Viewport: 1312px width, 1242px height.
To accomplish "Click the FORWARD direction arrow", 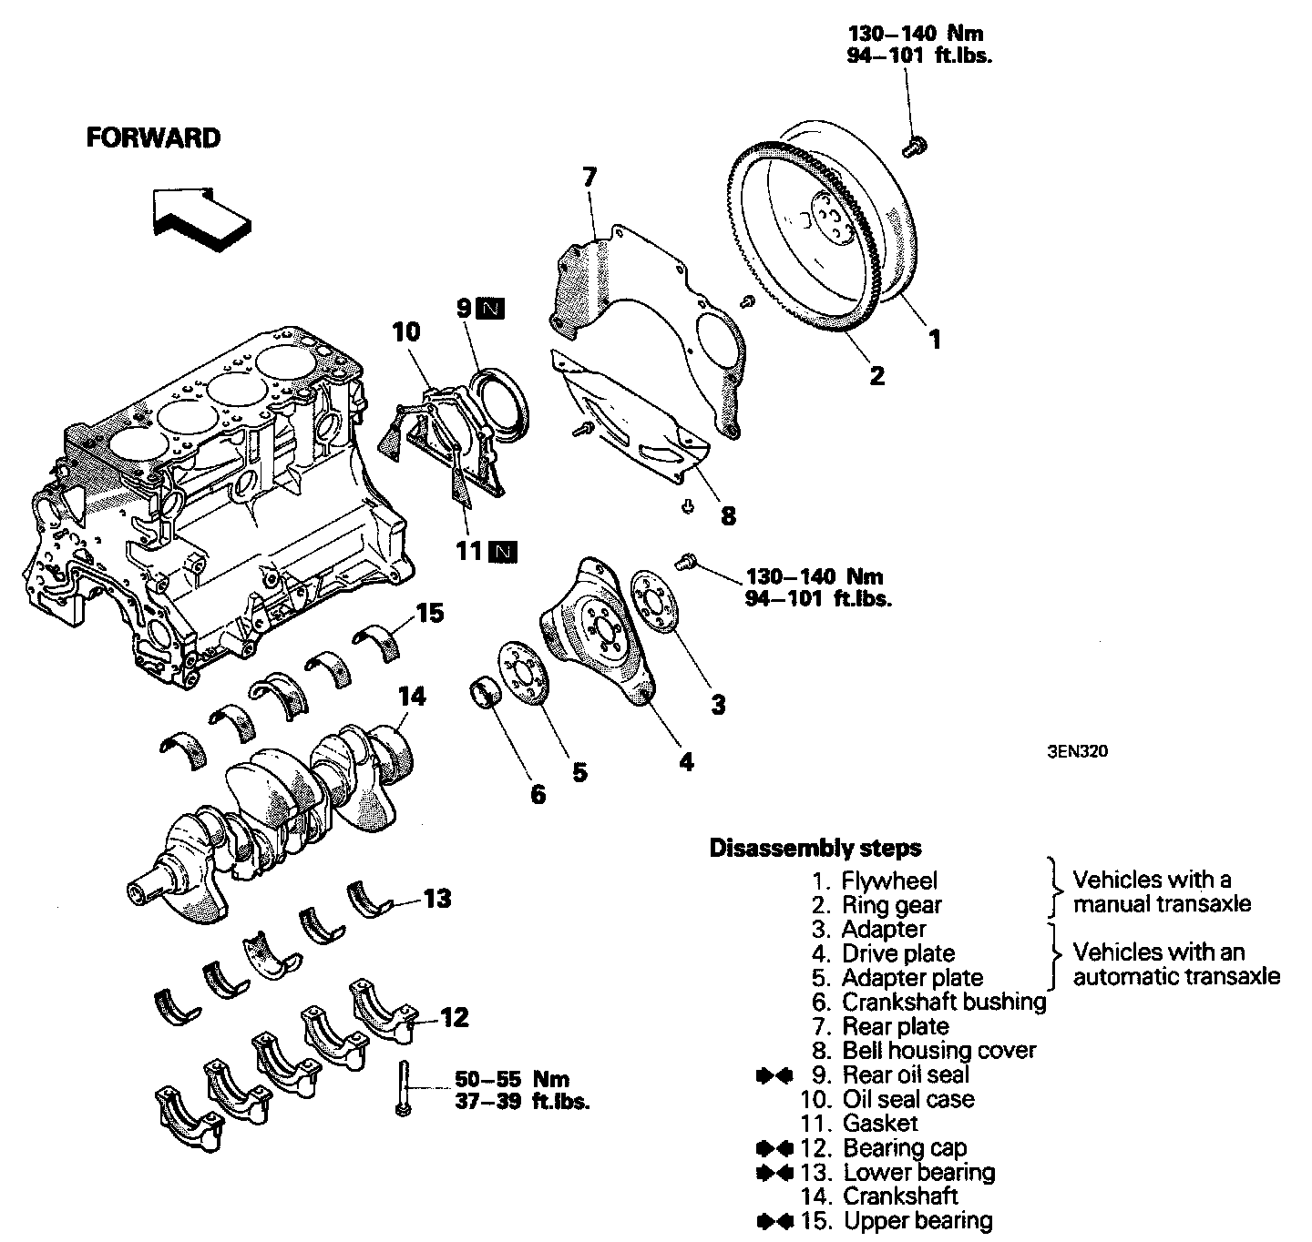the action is point(200,219).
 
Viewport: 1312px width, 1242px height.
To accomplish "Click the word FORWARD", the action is point(153,138).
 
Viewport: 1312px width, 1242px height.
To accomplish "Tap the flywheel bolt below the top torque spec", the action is point(914,146).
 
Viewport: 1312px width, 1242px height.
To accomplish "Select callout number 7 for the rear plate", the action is point(589,178).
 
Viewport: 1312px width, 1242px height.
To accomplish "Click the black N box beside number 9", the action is point(492,309).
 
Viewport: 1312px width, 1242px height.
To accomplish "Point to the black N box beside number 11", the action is point(503,553).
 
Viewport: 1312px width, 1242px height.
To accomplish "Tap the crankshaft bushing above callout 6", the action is point(485,693).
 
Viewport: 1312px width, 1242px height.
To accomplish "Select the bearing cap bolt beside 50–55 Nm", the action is point(403,1089).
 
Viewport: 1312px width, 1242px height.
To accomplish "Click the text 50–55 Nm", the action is point(512,1079).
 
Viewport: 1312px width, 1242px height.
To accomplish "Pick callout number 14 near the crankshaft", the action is point(412,697).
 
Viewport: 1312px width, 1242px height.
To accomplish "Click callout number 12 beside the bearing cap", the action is point(454,1017).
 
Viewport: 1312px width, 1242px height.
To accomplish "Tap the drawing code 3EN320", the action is point(1077,752).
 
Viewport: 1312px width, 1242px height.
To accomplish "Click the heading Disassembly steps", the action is point(815,848).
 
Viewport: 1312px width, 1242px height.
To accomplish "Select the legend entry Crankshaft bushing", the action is point(944,1002).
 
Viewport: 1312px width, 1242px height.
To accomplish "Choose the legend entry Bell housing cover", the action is point(939,1051).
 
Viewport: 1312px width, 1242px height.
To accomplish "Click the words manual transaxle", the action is point(1162,904).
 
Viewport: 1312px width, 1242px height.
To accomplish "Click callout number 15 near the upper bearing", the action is point(430,614).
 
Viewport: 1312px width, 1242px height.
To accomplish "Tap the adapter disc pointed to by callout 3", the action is point(654,602).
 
